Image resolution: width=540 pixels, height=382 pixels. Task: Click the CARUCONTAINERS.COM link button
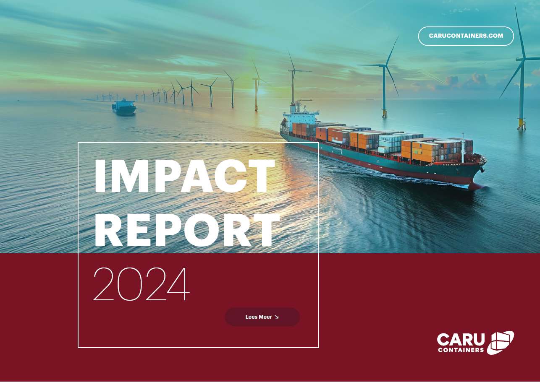(x=466, y=36)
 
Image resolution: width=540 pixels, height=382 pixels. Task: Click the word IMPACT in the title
(x=184, y=177)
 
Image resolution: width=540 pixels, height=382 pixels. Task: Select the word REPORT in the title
(x=187, y=230)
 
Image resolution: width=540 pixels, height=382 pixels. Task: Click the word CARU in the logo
(x=461, y=340)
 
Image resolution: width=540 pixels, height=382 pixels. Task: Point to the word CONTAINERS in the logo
(x=461, y=350)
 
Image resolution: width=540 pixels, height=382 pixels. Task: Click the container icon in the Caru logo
(x=501, y=342)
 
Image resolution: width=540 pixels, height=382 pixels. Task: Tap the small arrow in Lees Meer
(x=276, y=317)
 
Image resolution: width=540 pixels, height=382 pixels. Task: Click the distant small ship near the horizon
(x=124, y=107)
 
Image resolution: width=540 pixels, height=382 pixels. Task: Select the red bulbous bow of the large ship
(x=476, y=185)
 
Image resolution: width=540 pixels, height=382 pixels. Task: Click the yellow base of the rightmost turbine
(x=521, y=123)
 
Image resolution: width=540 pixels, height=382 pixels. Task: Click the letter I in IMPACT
(x=100, y=177)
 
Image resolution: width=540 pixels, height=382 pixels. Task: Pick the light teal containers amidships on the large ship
(x=390, y=144)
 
